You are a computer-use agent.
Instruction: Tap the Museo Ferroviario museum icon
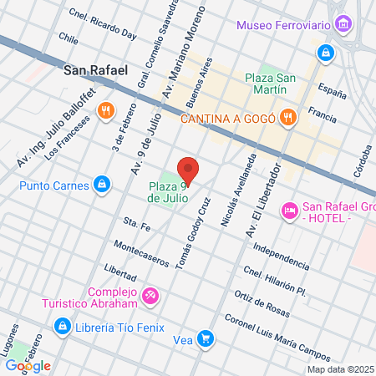(x=343, y=25)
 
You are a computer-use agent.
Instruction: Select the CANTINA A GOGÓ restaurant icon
(x=287, y=117)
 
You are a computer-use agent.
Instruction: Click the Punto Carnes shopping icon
(x=101, y=183)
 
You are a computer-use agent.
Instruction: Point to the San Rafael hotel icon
(x=290, y=209)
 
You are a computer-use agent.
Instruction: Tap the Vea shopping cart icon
(x=206, y=339)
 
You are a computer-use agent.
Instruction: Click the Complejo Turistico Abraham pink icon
(x=150, y=295)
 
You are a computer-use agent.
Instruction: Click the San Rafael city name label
(x=95, y=71)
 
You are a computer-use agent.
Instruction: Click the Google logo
(x=28, y=365)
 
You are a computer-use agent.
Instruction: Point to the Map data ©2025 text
(x=340, y=369)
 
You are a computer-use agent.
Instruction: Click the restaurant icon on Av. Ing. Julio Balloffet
(x=105, y=110)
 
